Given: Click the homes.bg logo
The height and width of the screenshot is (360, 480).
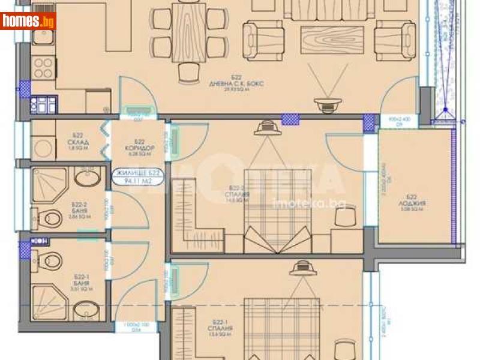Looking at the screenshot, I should coord(28,21).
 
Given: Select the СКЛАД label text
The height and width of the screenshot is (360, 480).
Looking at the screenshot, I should coord(78,142).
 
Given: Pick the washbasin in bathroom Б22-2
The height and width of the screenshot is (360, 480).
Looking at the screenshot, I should coord(88,178).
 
